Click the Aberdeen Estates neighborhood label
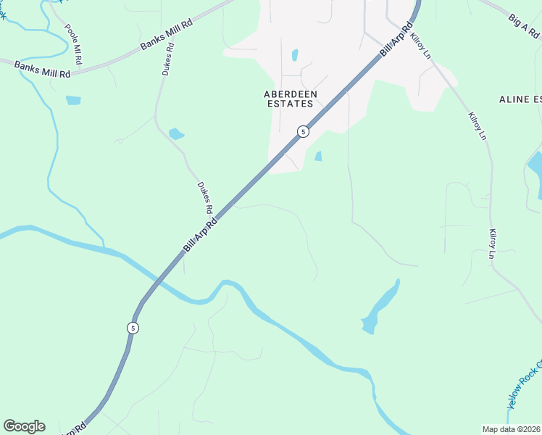point(288,99)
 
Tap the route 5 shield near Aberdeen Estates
point(303,131)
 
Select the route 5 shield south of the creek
point(132,328)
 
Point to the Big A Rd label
point(525,27)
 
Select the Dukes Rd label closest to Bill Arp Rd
point(204,197)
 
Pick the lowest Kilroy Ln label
point(491,244)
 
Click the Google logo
point(24,426)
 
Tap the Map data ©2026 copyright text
point(512,429)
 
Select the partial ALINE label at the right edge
point(520,99)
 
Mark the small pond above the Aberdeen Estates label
point(295,55)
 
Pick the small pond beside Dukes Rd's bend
point(176,133)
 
